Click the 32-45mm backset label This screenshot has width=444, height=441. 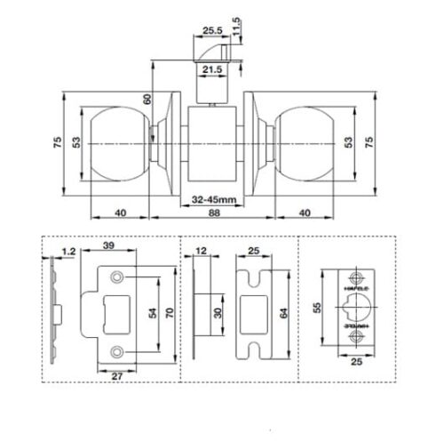tap(212, 200)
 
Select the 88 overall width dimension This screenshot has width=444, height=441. tap(211, 213)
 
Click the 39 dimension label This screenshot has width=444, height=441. tap(109, 245)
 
